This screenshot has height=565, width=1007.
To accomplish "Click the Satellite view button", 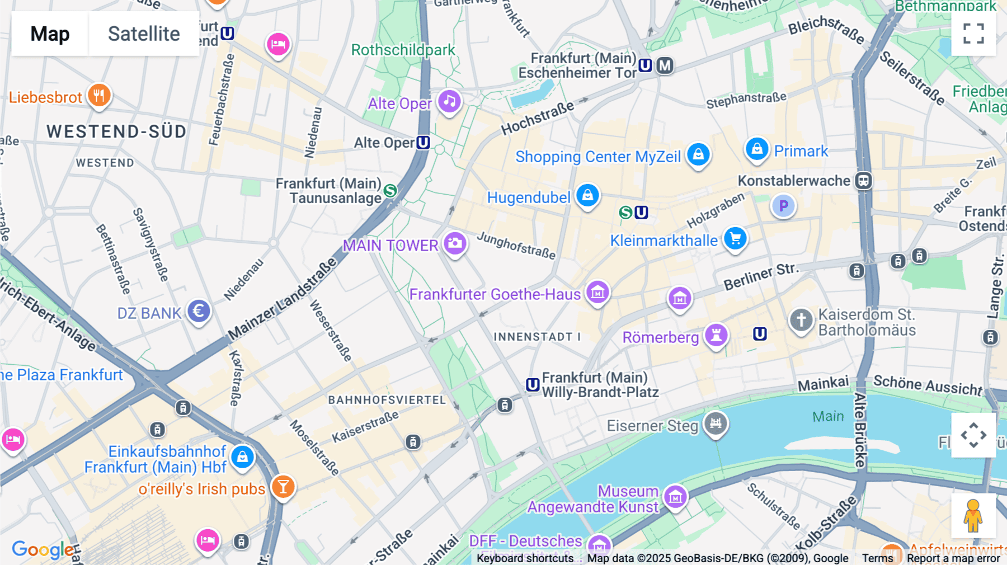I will [x=144, y=34].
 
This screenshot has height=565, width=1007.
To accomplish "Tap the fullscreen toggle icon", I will [x=973, y=34].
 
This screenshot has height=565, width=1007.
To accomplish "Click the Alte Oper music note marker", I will [x=449, y=102].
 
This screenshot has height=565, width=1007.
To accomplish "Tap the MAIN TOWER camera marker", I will [x=455, y=244].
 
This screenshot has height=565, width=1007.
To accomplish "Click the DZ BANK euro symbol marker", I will [x=199, y=311].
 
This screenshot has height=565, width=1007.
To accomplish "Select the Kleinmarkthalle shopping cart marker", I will [x=735, y=239].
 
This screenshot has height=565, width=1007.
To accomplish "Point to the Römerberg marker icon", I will [x=716, y=336].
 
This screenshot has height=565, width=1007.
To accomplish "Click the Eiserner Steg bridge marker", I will [x=716, y=423].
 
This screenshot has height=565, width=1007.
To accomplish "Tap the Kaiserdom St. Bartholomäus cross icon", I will [x=801, y=321].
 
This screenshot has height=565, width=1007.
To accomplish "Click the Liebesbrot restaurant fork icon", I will [x=99, y=96].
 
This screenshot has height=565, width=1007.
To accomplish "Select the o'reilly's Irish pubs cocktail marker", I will [x=283, y=487].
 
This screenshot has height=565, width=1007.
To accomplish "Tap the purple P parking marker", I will [x=783, y=206].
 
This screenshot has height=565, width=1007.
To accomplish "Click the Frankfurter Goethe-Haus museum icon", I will [x=597, y=292].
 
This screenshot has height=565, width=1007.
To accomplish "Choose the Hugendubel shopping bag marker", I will [x=587, y=195].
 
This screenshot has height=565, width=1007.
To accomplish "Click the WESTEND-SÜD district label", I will [x=116, y=131].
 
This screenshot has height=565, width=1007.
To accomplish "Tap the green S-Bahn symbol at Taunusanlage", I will [x=390, y=191].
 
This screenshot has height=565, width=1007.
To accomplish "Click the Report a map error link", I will [x=953, y=558].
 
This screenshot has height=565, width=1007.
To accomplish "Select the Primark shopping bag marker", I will [x=757, y=149].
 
